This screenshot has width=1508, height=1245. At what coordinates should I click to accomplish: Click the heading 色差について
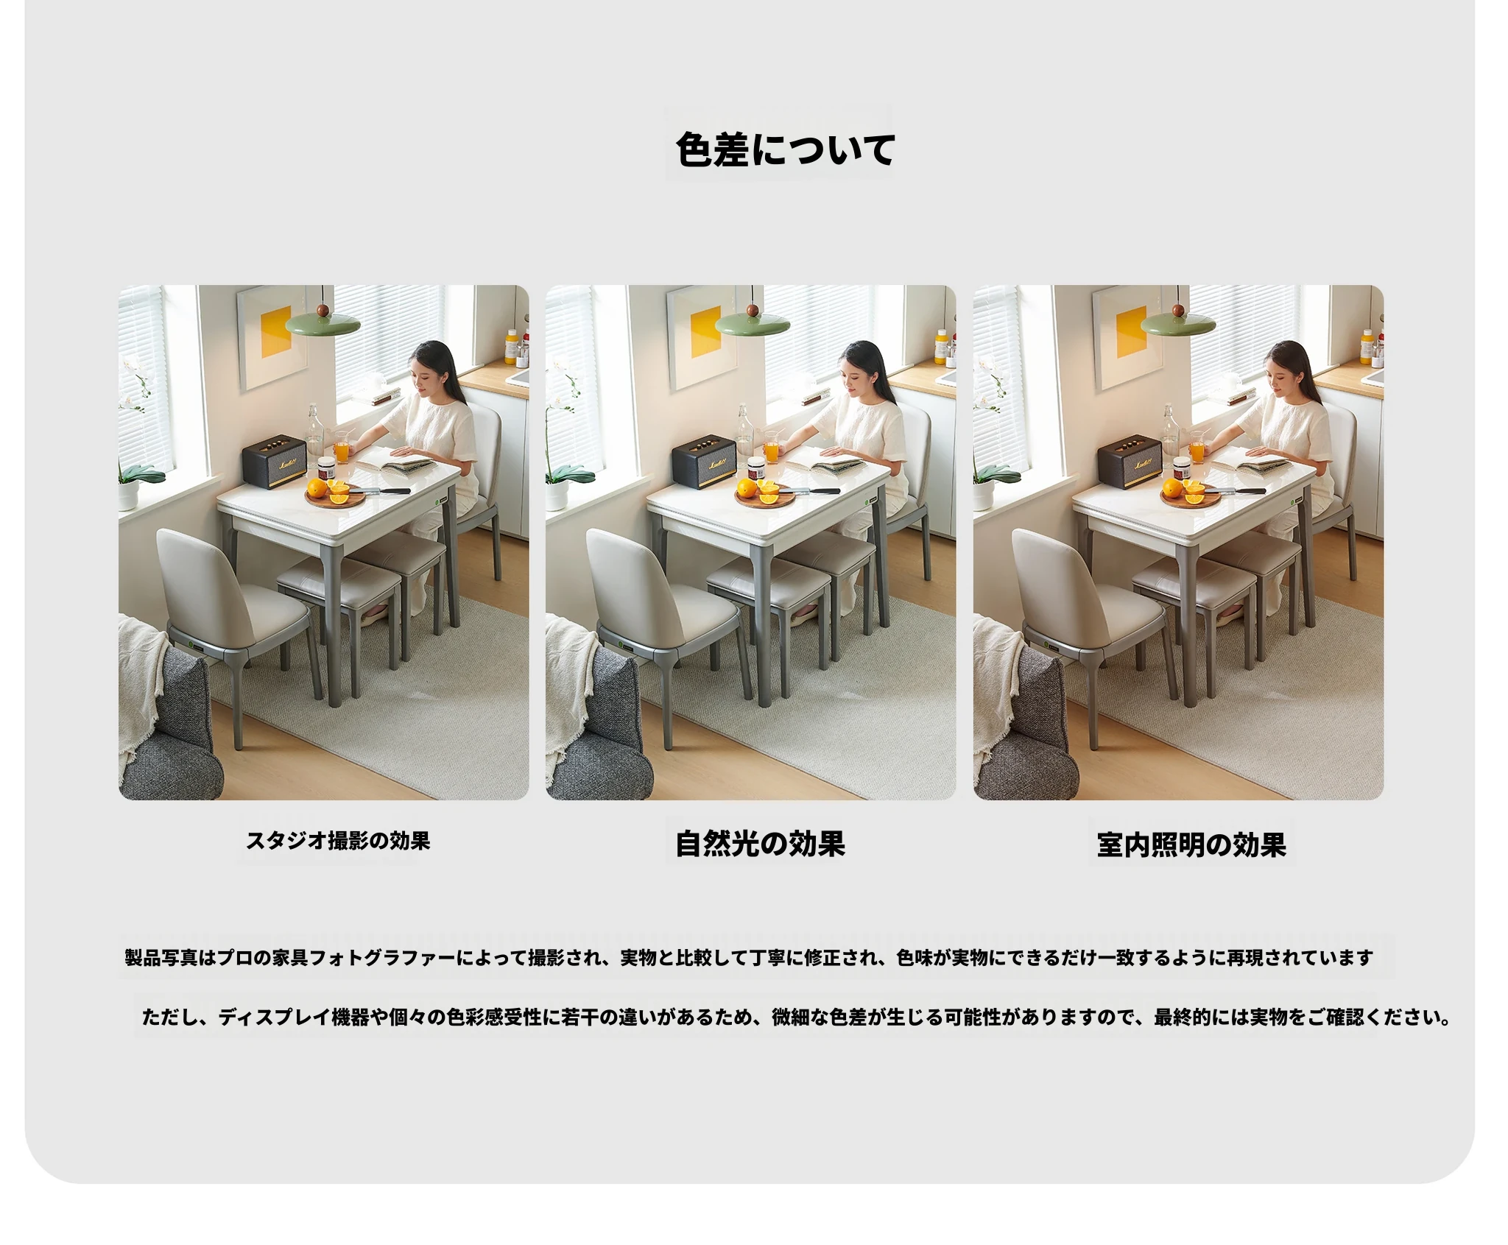785,149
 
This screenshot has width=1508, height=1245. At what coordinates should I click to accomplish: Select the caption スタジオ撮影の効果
338,840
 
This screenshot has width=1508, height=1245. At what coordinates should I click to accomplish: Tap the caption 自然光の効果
760,844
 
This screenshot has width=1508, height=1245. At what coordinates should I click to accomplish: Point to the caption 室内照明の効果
1191,844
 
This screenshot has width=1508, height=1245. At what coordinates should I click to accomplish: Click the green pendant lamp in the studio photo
323,322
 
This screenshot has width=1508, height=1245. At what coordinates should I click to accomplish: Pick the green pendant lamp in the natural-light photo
752,322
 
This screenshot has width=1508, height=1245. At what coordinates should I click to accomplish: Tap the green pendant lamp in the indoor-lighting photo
1179,322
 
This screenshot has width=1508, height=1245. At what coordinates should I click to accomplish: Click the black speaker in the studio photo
274,462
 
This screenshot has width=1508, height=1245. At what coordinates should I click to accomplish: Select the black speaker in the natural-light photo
703,462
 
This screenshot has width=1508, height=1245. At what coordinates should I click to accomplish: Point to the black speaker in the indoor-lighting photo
1130,462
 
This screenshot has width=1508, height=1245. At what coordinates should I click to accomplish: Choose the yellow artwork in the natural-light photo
707,331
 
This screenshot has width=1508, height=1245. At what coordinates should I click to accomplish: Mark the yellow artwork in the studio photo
277,331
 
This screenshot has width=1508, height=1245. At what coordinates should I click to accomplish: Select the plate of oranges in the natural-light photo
765,493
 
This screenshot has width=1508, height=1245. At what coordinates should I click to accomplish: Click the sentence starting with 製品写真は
749,957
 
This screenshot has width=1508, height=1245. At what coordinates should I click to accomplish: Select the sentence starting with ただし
796,1017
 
